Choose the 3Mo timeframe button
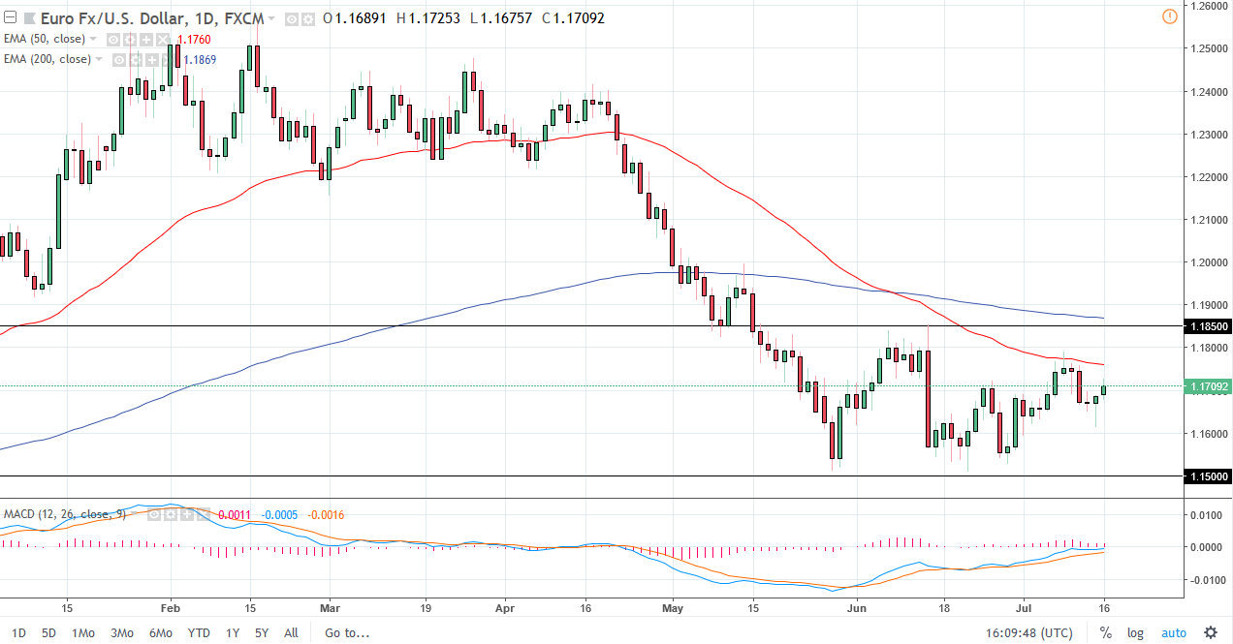pyautogui.click(x=121, y=633)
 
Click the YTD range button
pyautogui.click(x=199, y=633)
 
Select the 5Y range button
pyautogui.click(x=262, y=633)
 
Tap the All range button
pyautogui.click(x=291, y=633)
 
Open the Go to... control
pyautogui.click(x=347, y=633)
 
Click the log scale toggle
pyautogui.click(x=1135, y=633)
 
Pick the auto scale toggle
pyautogui.click(x=1173, y=633)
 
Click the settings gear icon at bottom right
pyautogui.click(x=1210, y=633)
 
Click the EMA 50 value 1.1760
pyautogui.click(x=194, y=40)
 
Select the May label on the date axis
pyautogui.click(x=672, y=608)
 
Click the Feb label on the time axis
pyautogui.click(x=171, y=608)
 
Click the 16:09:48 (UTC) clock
pyautogui.click(x=1028, y=633)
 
